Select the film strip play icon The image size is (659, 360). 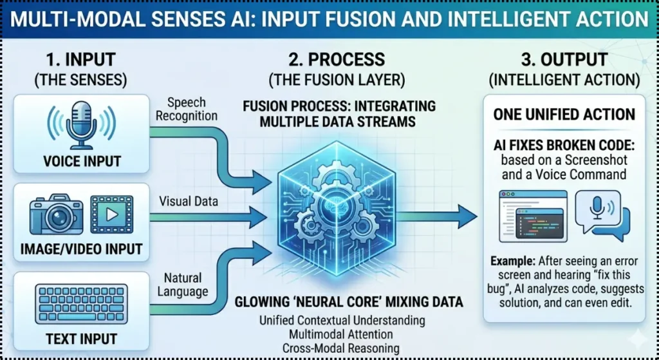113,215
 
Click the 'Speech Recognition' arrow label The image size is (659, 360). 188,109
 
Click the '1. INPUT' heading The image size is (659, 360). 81,60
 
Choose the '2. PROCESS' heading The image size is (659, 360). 328,60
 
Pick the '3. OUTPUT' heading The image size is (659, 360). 564,60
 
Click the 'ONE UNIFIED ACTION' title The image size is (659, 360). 564,115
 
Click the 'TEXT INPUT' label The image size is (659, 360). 81,338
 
